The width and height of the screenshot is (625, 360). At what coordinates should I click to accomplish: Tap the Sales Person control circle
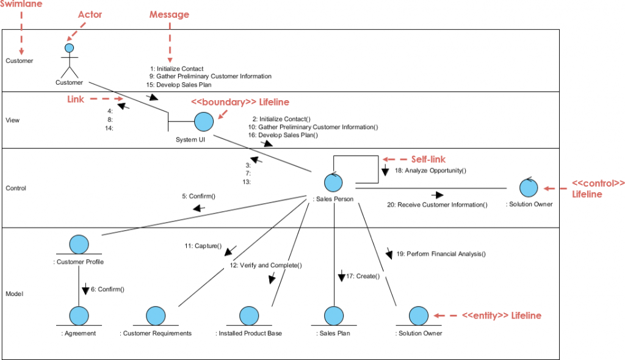point(333,182)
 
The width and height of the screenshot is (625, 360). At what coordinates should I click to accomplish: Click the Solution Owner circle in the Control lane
point(529,187)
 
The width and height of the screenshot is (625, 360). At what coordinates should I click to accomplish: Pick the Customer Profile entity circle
point(79,244)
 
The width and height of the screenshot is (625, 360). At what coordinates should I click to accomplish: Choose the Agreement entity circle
point(79,316)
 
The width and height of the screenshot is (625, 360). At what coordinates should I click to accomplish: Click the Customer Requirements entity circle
point(156,316)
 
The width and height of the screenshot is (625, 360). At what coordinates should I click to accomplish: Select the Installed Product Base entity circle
point(248,316)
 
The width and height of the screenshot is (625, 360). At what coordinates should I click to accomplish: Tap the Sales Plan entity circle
point(333,316)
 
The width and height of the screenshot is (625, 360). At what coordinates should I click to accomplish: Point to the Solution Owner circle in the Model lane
point(418,316)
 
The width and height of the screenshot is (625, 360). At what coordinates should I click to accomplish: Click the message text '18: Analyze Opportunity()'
point(430,171)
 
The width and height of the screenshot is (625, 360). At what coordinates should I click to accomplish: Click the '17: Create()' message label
point(363,276)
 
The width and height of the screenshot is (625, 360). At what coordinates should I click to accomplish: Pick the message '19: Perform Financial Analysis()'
point(441,253)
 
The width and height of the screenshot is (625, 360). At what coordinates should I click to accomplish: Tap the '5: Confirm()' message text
point(198,196)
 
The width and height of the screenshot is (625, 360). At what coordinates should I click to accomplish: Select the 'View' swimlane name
point(12,120)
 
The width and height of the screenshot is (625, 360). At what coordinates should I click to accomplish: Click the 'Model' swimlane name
point(15,294)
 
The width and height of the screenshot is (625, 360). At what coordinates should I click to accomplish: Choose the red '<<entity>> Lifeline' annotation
point(501,315)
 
